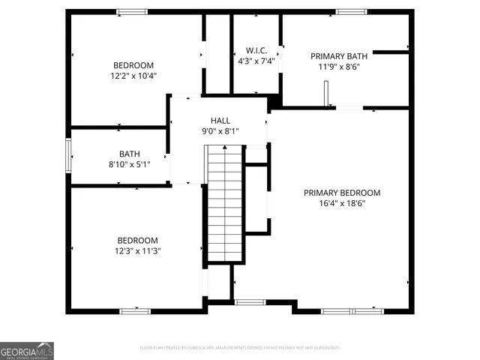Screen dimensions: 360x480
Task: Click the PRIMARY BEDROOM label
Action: point(342,193)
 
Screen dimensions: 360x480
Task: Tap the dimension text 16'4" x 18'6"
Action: point(342,203)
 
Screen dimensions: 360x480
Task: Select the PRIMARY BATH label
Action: point(339,55)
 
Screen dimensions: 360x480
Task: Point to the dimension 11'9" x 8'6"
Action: point(339,66)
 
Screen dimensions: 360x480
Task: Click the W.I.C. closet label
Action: point(256,50)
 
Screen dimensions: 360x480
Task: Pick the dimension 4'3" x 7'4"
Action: point(256,61)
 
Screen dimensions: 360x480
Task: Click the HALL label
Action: point(220,120)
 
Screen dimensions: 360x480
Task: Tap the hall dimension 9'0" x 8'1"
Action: point(220,131)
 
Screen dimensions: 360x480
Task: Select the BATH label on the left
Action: point(130,154)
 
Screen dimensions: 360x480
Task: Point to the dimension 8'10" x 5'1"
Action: point(130,164)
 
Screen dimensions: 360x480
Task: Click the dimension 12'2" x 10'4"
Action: point(133,75)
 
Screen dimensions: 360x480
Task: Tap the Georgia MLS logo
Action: point(27,350)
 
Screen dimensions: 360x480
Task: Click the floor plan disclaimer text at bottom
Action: point(240,348)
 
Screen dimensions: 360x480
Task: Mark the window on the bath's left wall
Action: point(69,155)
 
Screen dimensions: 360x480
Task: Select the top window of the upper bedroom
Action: point(132,11)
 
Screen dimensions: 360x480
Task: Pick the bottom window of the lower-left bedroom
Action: point(135,310)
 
